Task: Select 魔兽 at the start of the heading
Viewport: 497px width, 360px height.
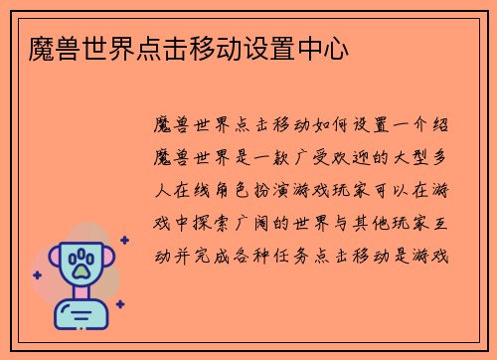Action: tap(52, 49)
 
